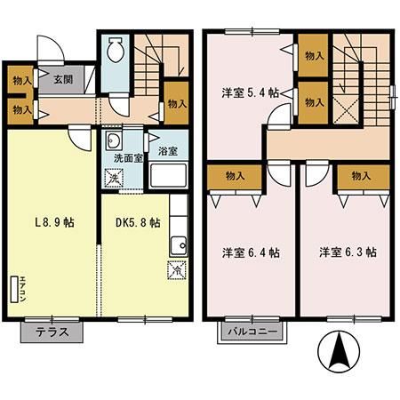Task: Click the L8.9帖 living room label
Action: pyautogui.click(x=54, y=222)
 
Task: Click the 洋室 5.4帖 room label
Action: pyautogui.click(x=250, y=92)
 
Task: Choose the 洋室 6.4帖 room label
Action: pyautogui.click(x=250, y=252)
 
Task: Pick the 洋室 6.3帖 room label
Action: pyautogui.click(x=348, y=252)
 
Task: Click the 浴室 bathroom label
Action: pyautogui.click(x=167, y=150)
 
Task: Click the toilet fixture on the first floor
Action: pyautogui.click(x=116, y=54)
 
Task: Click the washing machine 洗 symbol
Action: pyautogui.click(x=114, y=178)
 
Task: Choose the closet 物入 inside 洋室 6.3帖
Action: pyautogui.click(x=360, y=176)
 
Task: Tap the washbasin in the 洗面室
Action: pyautogui.click(x=113, y=142)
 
